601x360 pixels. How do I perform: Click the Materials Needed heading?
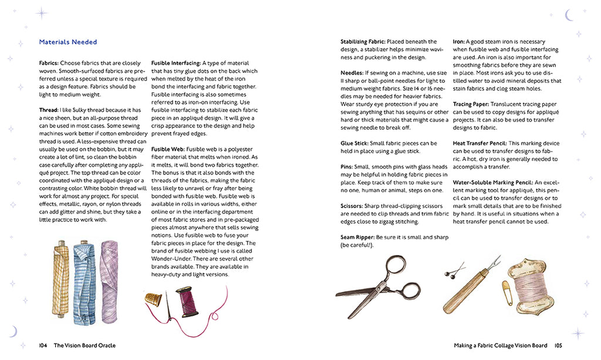(x=68, y=42)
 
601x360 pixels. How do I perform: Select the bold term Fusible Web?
(x=166, y=149)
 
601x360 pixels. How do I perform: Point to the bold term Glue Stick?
(x=356, y=143)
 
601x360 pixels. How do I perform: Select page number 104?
(x=43, y=345)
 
